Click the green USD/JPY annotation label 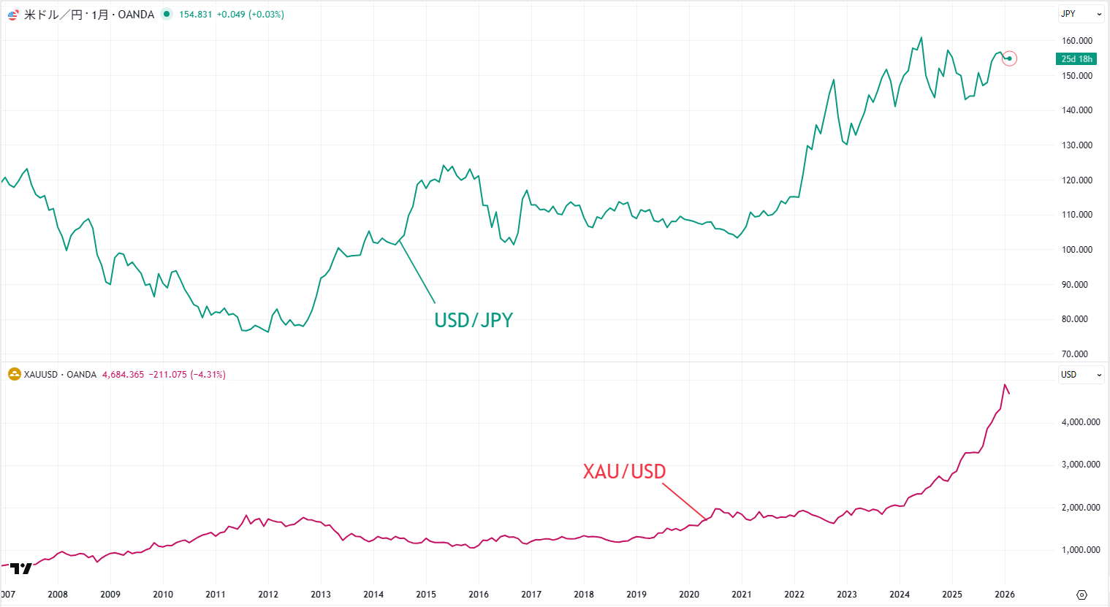click(474, 320)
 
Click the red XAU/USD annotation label click(624, 471)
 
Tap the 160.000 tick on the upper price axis click(1076, 41)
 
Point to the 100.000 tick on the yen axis click(1076, 250)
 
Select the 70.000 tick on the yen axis click(1074, 354)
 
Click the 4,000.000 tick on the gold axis click(1080, 422)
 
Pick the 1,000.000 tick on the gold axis click(1080, 550)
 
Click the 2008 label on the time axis click(58, 595)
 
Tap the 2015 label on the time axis click(426, 595)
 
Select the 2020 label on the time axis click(689, 595)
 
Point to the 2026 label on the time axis click(1005, 595)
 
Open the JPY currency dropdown click(1081, 14)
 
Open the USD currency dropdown click(1081, 375)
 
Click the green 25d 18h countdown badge click(1076, 59)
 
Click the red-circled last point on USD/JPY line click(1009, 58)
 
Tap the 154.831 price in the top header click(195, 15)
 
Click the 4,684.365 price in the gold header click(123, 375)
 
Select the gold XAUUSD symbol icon click(14, 375)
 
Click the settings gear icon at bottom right click(1082, 595)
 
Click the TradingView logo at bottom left click(21, 568)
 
